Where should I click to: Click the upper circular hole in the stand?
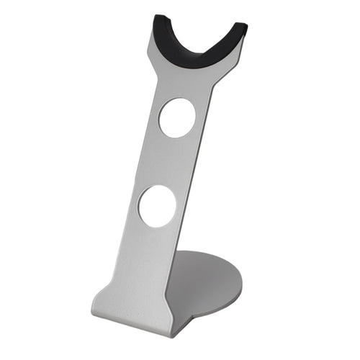pos(177,118)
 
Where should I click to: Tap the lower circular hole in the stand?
pos(157,206)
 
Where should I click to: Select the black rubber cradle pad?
pos(199,48)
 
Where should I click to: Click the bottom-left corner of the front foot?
pos(94,314)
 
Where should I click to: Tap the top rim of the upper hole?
pos(179,99)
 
